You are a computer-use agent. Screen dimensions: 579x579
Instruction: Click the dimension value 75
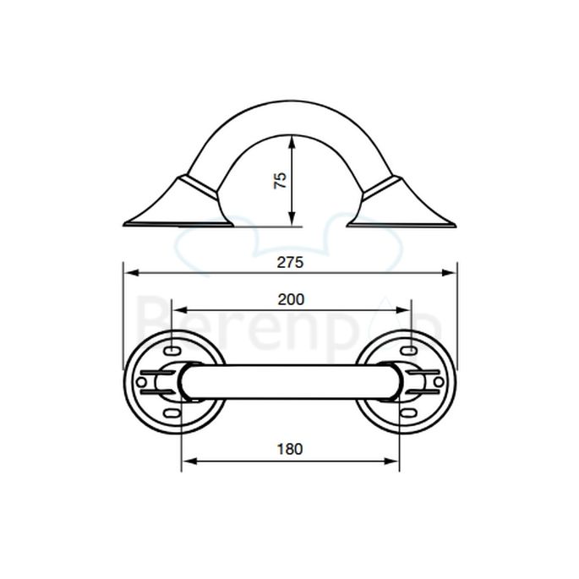pyautogui.click(x=282, y=179)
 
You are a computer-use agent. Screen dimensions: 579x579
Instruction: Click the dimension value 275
pyautogui.click(x=290, y=262)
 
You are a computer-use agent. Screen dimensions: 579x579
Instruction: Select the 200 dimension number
pyautogui.click(x=290, y=299)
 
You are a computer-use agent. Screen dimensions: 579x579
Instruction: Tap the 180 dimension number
pyautogui.click(x=290, y=448)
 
